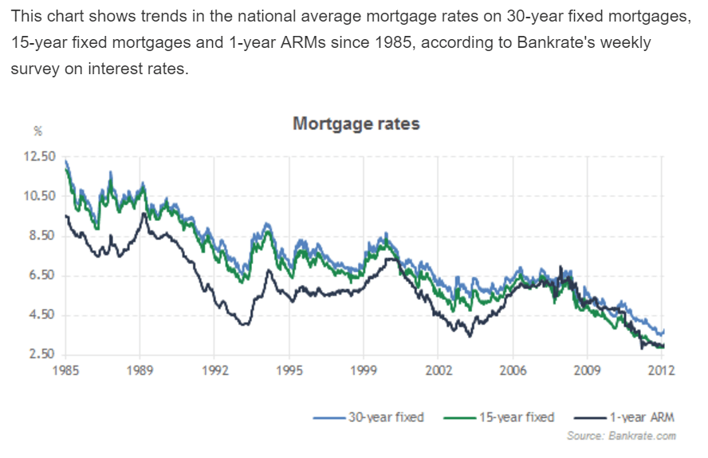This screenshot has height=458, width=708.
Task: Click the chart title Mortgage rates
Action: [356, 124]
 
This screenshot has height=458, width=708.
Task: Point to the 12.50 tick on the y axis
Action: [40, 156]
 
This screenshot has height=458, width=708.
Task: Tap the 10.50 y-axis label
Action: [40, 196]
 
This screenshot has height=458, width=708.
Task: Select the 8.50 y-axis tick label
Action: [40, 236]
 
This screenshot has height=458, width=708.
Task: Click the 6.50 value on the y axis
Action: [40, 275]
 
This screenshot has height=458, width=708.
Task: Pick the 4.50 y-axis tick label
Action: [40, 315]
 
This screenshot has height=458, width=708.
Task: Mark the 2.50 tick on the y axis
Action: [40, 354]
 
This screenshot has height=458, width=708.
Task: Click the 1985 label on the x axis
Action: [66, 370]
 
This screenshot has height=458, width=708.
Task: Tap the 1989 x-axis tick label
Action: [140, 370]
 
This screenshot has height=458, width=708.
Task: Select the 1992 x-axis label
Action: [214, 370]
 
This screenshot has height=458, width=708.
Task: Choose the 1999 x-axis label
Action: [364, 370]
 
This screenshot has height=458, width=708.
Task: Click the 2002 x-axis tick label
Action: [438, 370]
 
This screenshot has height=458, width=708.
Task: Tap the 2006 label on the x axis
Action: [512, 370]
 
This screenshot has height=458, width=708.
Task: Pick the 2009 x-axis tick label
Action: [587, 370]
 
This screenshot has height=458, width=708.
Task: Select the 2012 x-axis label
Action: [661, 370]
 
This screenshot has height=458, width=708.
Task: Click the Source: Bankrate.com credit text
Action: [622, 436]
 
